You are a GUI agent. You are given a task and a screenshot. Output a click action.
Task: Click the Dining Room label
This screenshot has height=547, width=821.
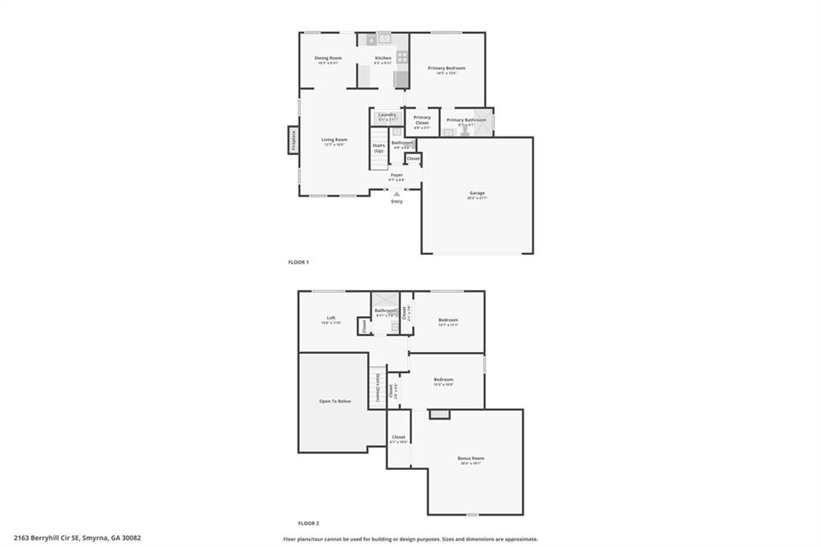[x=328, y=59]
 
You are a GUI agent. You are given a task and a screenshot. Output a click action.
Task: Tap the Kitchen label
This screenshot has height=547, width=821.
[x=383, y=59]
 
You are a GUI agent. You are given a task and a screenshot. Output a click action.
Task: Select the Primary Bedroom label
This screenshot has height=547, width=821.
[x=446, y=68]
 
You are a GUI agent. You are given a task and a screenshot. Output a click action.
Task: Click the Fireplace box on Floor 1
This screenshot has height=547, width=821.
[x=293, y=140]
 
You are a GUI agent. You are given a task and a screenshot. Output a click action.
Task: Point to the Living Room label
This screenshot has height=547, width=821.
[x=334, y=140]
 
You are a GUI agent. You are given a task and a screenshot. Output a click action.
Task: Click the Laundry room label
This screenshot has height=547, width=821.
[x=387, y=115]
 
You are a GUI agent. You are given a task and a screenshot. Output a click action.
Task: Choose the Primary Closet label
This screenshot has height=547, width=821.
[x=422, y=120]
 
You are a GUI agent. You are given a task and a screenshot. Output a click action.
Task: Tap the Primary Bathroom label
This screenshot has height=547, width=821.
[x=466, y=120]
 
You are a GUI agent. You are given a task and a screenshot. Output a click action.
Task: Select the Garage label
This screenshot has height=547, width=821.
[x=477, y=192]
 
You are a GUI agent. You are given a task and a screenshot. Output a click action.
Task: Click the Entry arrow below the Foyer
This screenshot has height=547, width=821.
[x=397, y=193]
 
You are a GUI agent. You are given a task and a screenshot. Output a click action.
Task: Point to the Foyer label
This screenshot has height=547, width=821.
[x=397, y=174]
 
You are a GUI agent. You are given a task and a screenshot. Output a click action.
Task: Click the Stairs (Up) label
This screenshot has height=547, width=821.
[x=378, y=148]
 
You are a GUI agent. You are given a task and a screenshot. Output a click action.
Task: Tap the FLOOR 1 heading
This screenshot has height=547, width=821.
[x=298, y=262]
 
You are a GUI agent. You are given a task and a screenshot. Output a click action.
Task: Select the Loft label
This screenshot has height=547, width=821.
[x=330, y=317]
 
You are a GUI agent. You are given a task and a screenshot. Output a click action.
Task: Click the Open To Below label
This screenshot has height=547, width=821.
[x=335, y=401]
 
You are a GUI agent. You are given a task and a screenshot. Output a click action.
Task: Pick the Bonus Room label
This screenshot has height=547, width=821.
[x=471, y=459]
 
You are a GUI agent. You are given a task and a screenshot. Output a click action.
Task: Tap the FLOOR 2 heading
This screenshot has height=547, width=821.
[x=308, y=523]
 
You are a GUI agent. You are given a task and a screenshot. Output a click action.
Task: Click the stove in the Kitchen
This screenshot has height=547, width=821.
[x=402, y=57]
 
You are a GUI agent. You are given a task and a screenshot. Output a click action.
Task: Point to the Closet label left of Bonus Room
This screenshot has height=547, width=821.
[x=398, y=437]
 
